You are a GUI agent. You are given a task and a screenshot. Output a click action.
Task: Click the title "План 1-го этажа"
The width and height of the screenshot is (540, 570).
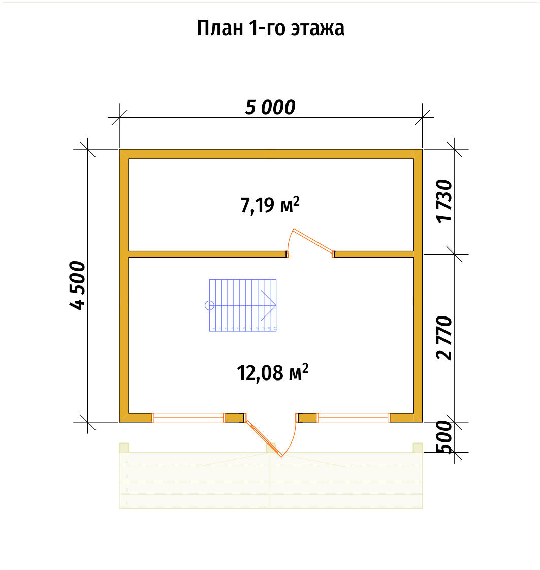[x=270, y=28]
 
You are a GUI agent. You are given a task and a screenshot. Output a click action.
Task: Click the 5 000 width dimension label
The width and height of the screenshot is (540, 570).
[x=270, y=108]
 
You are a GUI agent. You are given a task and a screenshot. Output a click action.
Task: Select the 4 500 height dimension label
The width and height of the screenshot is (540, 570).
[x=77, y=285]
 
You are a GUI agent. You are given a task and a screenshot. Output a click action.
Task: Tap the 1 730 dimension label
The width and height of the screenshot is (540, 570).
[x=444, y=201]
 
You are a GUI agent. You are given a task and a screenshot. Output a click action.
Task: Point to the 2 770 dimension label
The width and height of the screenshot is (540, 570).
[x=444, y=337]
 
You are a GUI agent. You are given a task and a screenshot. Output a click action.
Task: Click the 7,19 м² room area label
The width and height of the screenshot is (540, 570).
[x=269, y=205]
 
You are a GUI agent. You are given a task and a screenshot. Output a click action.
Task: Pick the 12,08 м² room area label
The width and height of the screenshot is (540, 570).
[x=272, y=373]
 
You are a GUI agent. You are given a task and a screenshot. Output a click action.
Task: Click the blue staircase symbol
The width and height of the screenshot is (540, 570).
[x=243, y=305]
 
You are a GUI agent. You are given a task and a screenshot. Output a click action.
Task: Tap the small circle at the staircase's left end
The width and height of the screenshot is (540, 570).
[x=209, y=305]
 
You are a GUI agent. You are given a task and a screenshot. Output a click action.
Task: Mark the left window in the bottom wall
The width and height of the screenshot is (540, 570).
[x=188, y=418]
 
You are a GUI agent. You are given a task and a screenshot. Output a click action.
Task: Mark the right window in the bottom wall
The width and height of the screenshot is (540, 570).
[x=353, y=418]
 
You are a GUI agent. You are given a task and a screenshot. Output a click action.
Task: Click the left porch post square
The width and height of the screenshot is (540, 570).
[x=124, y=447]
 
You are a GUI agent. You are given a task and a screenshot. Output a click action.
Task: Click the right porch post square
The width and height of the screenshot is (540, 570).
[x=418, y=447]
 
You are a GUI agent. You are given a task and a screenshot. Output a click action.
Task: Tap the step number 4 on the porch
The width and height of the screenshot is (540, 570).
[x=126, y=462]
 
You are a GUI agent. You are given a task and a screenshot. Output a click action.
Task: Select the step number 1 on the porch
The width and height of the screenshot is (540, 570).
[x=126, y=503]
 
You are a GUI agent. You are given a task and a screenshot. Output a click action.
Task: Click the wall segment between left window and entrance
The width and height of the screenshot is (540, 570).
[x=234, y=418]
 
